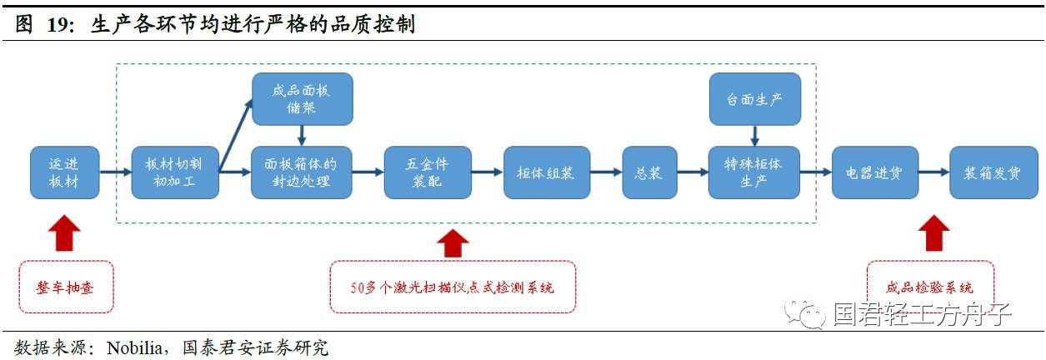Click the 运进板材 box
point(65,172)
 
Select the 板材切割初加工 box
point(174,172)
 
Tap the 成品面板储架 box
point(302,98)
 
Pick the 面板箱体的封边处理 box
point(302,172)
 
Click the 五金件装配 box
point(428,172)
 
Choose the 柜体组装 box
point(546,172)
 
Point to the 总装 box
point(649,172)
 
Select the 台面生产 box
point(753,98)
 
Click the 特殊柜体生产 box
point(753,172)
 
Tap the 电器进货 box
point(874,172)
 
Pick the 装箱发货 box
point(993,172)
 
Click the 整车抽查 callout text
point(65,287)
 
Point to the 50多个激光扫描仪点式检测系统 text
point(453,287)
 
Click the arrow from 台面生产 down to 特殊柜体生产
point(753,136)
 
